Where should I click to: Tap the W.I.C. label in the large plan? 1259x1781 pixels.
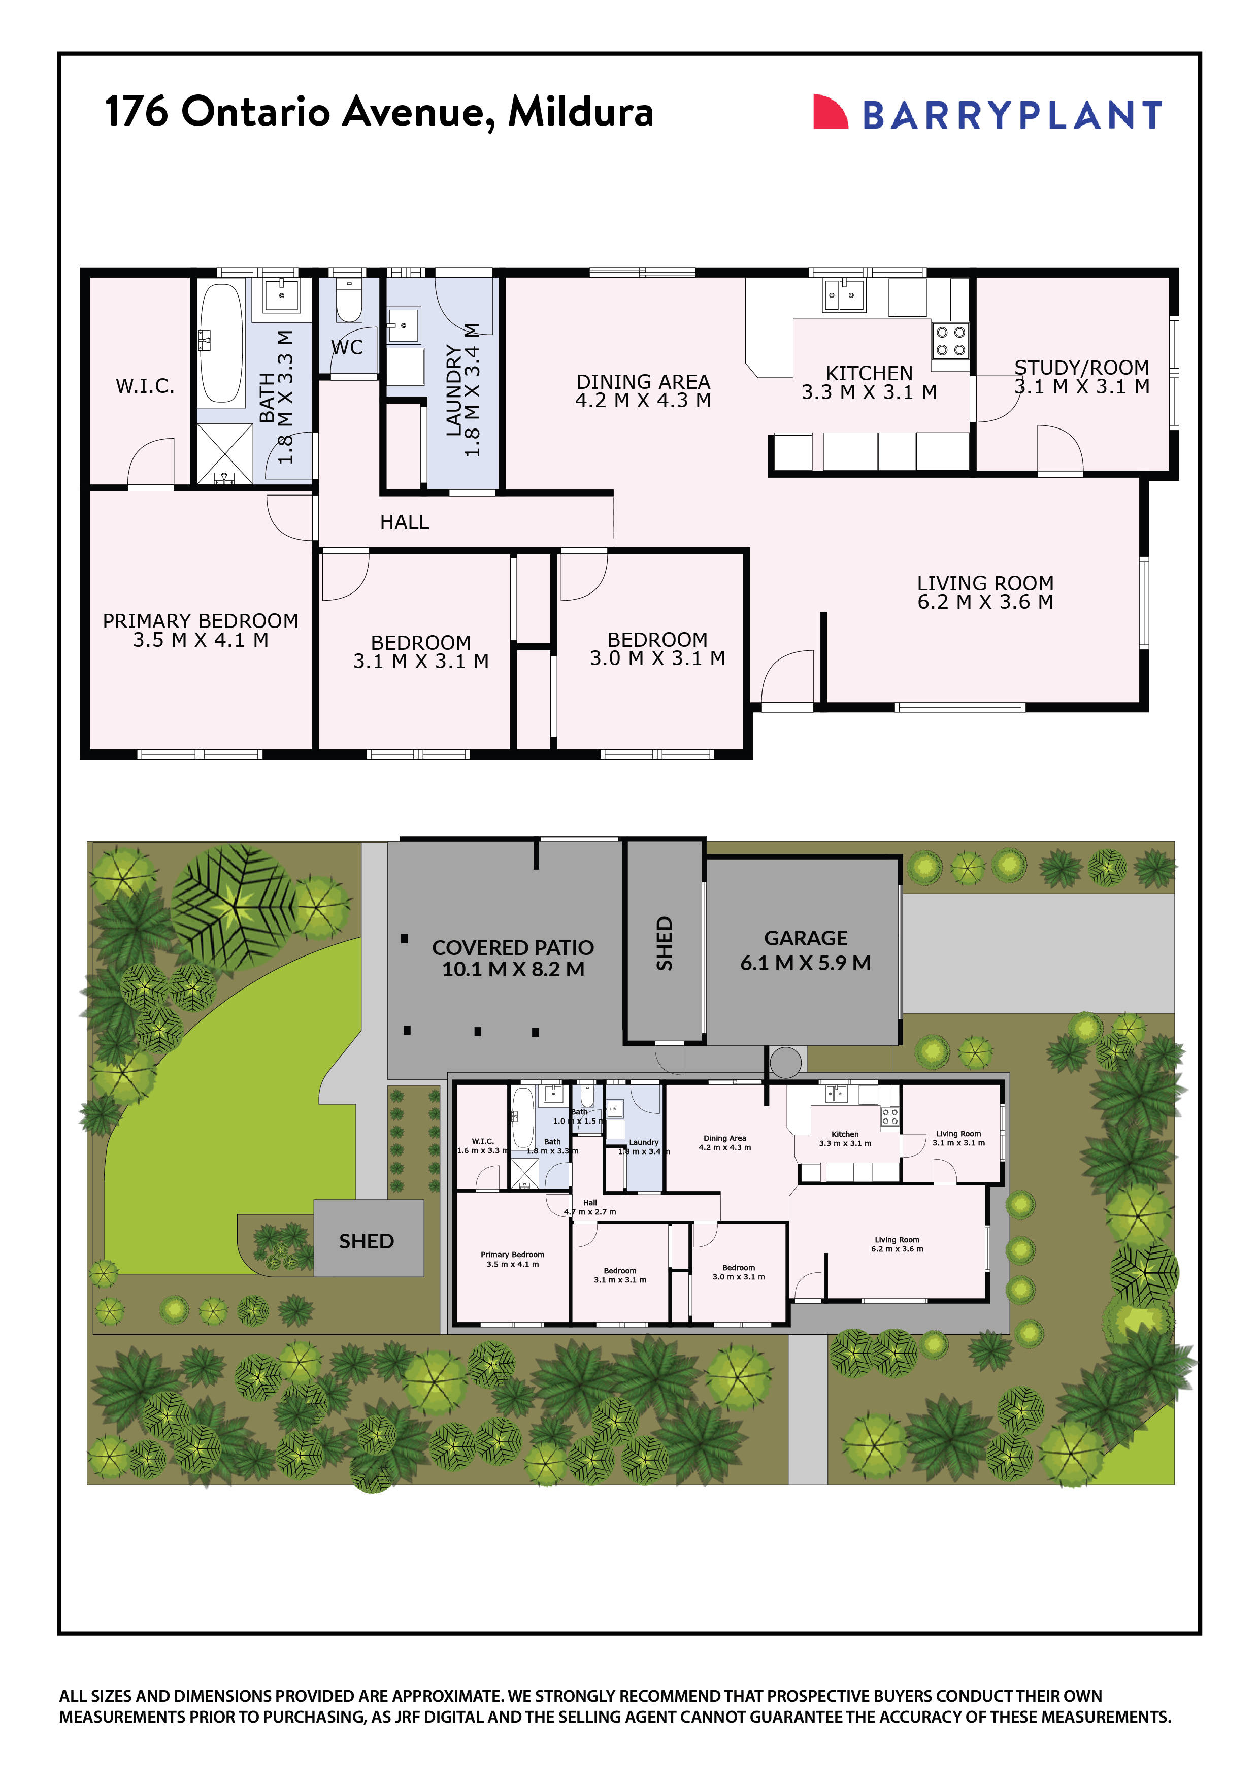(145, 386)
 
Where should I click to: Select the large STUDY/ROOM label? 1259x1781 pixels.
(1081, 368)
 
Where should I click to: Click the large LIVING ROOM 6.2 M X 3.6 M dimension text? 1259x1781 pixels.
(985, 602)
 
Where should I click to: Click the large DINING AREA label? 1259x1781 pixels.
(643, 382)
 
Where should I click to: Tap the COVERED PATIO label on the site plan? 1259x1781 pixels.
(513, 948)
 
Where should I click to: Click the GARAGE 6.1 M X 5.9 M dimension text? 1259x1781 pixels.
(805, 964)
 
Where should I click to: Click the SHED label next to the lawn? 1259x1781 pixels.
(366, 1242)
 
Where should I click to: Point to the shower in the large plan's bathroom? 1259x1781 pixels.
(224, 454)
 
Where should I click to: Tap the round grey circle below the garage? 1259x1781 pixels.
(785, 1063)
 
